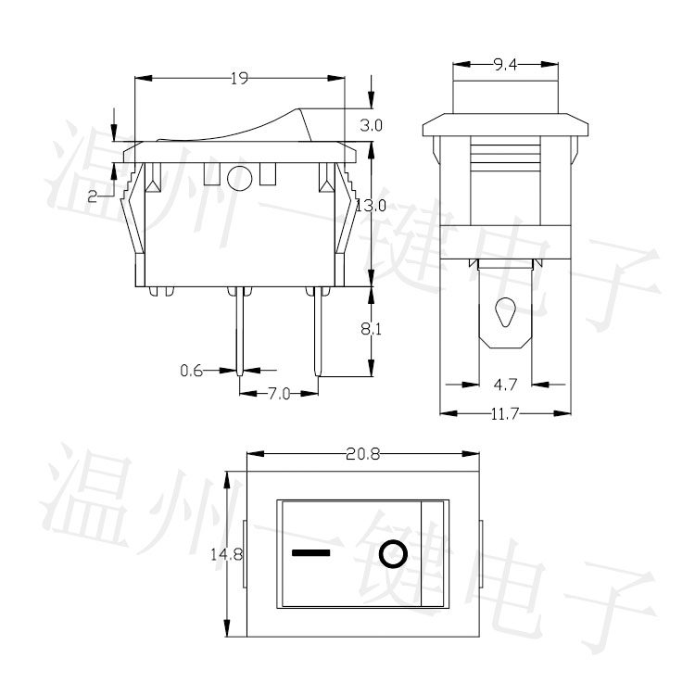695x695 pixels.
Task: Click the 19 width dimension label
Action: [239, 80]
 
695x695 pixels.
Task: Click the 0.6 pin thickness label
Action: [191, 372]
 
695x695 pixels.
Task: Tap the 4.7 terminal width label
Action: [503, 382]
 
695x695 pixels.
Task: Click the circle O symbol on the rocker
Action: [392, 554]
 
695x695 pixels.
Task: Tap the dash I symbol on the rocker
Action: [310, 554]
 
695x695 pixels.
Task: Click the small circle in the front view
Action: [239, 176]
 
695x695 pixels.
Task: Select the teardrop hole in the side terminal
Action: [504, 310]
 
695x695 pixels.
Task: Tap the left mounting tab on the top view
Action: [244, 554]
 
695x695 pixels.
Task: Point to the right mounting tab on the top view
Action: [483, 554]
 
